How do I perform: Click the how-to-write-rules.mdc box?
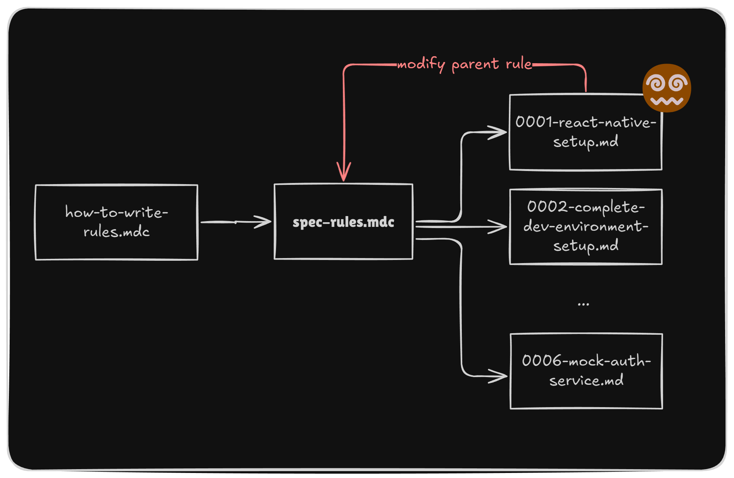[116, 222]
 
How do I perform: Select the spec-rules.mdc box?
[343, 222]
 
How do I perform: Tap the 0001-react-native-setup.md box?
[586, 132]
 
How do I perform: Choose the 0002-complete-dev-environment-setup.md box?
[586, 227]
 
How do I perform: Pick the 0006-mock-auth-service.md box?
[586, 371]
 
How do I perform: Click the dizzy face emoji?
[667, 88]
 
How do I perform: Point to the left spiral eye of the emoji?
[656, 83]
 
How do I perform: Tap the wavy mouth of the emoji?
[667, 101]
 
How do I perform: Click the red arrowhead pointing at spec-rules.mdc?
[343, 173]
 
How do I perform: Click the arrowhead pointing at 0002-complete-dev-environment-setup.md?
[498, 227]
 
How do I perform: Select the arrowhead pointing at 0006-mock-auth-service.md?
[498, 376]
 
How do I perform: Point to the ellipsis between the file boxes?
[583, 304]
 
